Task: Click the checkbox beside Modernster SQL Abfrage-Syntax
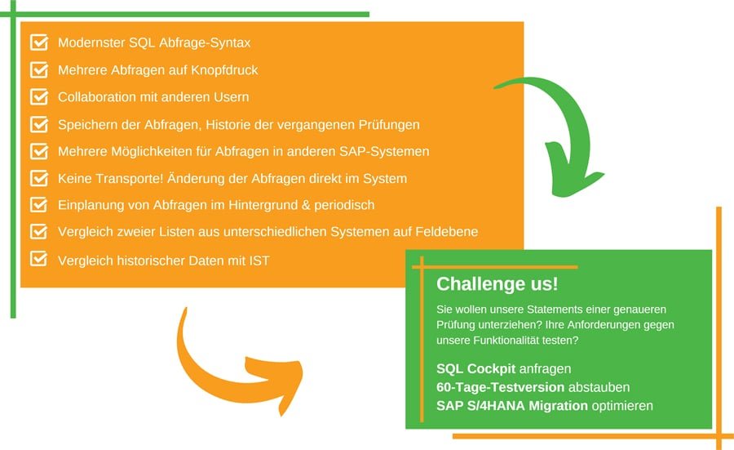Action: [39, 42]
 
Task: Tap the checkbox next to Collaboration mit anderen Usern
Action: [39, 96]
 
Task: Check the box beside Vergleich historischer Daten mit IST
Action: [39, 259]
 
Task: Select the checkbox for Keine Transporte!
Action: [39, 178]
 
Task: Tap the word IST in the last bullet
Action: [259, 261]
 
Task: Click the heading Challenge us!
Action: [497, 284]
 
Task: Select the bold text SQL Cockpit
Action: [475, 369]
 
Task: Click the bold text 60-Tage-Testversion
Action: [501, 387]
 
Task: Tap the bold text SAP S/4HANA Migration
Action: [512, 405]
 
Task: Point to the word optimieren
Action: [622, 406]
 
